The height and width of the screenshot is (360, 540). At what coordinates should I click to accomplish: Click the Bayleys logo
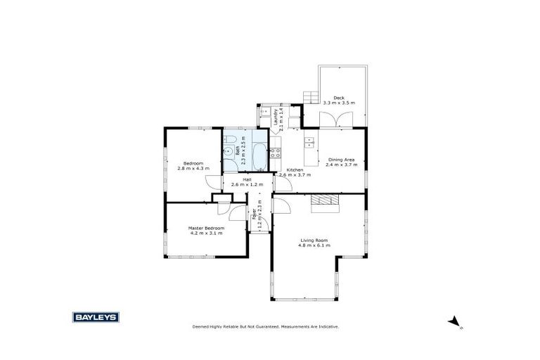tap(96, 317)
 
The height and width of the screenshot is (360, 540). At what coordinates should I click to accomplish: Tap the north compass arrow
tap(454, 322)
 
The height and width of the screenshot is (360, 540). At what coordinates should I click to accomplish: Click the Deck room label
tap(339, 98)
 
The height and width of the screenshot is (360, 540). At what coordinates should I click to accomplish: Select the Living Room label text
tap(313, 240)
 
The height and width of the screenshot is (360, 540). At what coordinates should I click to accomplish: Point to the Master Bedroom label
tap(206, 228)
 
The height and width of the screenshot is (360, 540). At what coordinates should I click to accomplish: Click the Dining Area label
tap(341, 160)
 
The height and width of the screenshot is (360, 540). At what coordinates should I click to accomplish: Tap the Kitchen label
tap(295, 170)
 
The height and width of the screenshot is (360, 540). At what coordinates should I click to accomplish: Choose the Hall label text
tap(247, 180)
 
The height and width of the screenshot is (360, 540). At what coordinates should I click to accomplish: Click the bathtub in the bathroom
tap(259, 156)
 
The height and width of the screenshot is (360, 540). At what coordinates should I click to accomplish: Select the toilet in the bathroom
tap(229, 150)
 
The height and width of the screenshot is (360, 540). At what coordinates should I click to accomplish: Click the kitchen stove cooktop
tap(276, 154)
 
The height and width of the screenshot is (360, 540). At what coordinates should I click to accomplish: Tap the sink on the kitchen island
tap(309, 143)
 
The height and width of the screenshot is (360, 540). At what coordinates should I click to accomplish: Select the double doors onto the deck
tap(344, 120)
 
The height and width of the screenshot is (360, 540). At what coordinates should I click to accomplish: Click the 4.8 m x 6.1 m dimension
tap(313, 246)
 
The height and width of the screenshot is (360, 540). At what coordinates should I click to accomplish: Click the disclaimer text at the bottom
tap(266, 327)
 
